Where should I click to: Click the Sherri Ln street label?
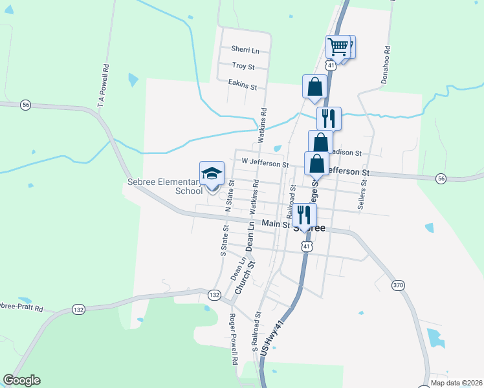pyautogui.click(x=245, y=50)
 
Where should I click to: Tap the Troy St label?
pyautogui.click(x=244, y=67)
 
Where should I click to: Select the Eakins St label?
pyautogui.click(x=243, y=84)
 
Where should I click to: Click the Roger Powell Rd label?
pyautogui.click(x=234, y=339)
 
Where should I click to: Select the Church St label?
pyautogui.click(x=245, y=279)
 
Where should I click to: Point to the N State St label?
pyautogui.click(x=228, y=199)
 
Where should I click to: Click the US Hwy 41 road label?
pyautogui.click(x=272, y=338)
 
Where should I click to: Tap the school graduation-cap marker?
pyautogui.click(x=212, y=173)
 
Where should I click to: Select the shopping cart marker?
pyautogui.click(x=338, y=47)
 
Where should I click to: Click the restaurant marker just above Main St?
pyautogui.click(x=304, y=215)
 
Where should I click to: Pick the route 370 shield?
pyautogui.click(x=397, y=285)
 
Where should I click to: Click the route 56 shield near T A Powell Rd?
pyautogui.click(x=25, y=105)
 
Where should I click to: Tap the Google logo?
pyautogui.click(x=21, y=380)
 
